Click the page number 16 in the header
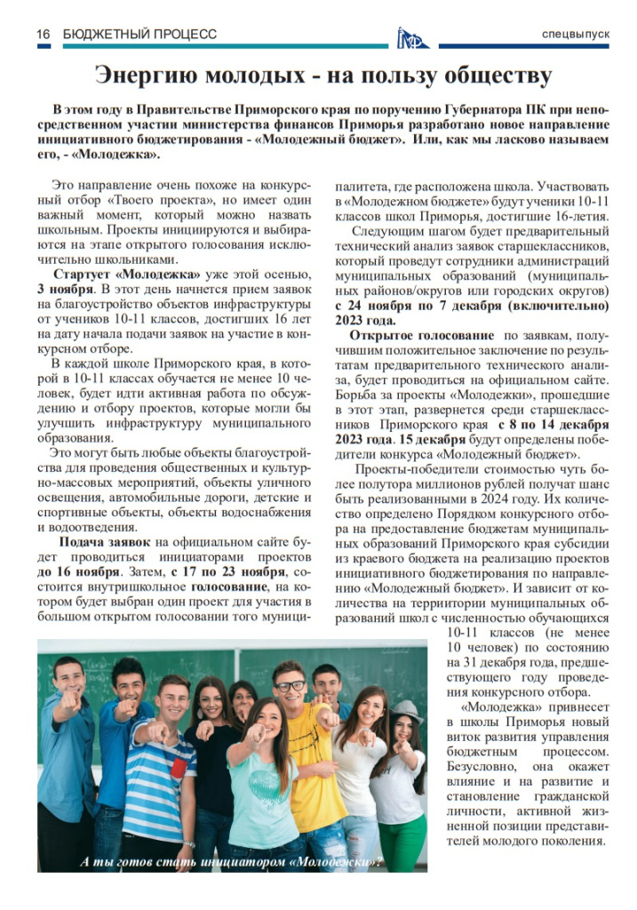42,34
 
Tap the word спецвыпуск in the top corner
577,34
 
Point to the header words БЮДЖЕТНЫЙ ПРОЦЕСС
139,34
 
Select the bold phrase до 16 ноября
81,571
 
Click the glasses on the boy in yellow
289,686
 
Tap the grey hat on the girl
407,709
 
